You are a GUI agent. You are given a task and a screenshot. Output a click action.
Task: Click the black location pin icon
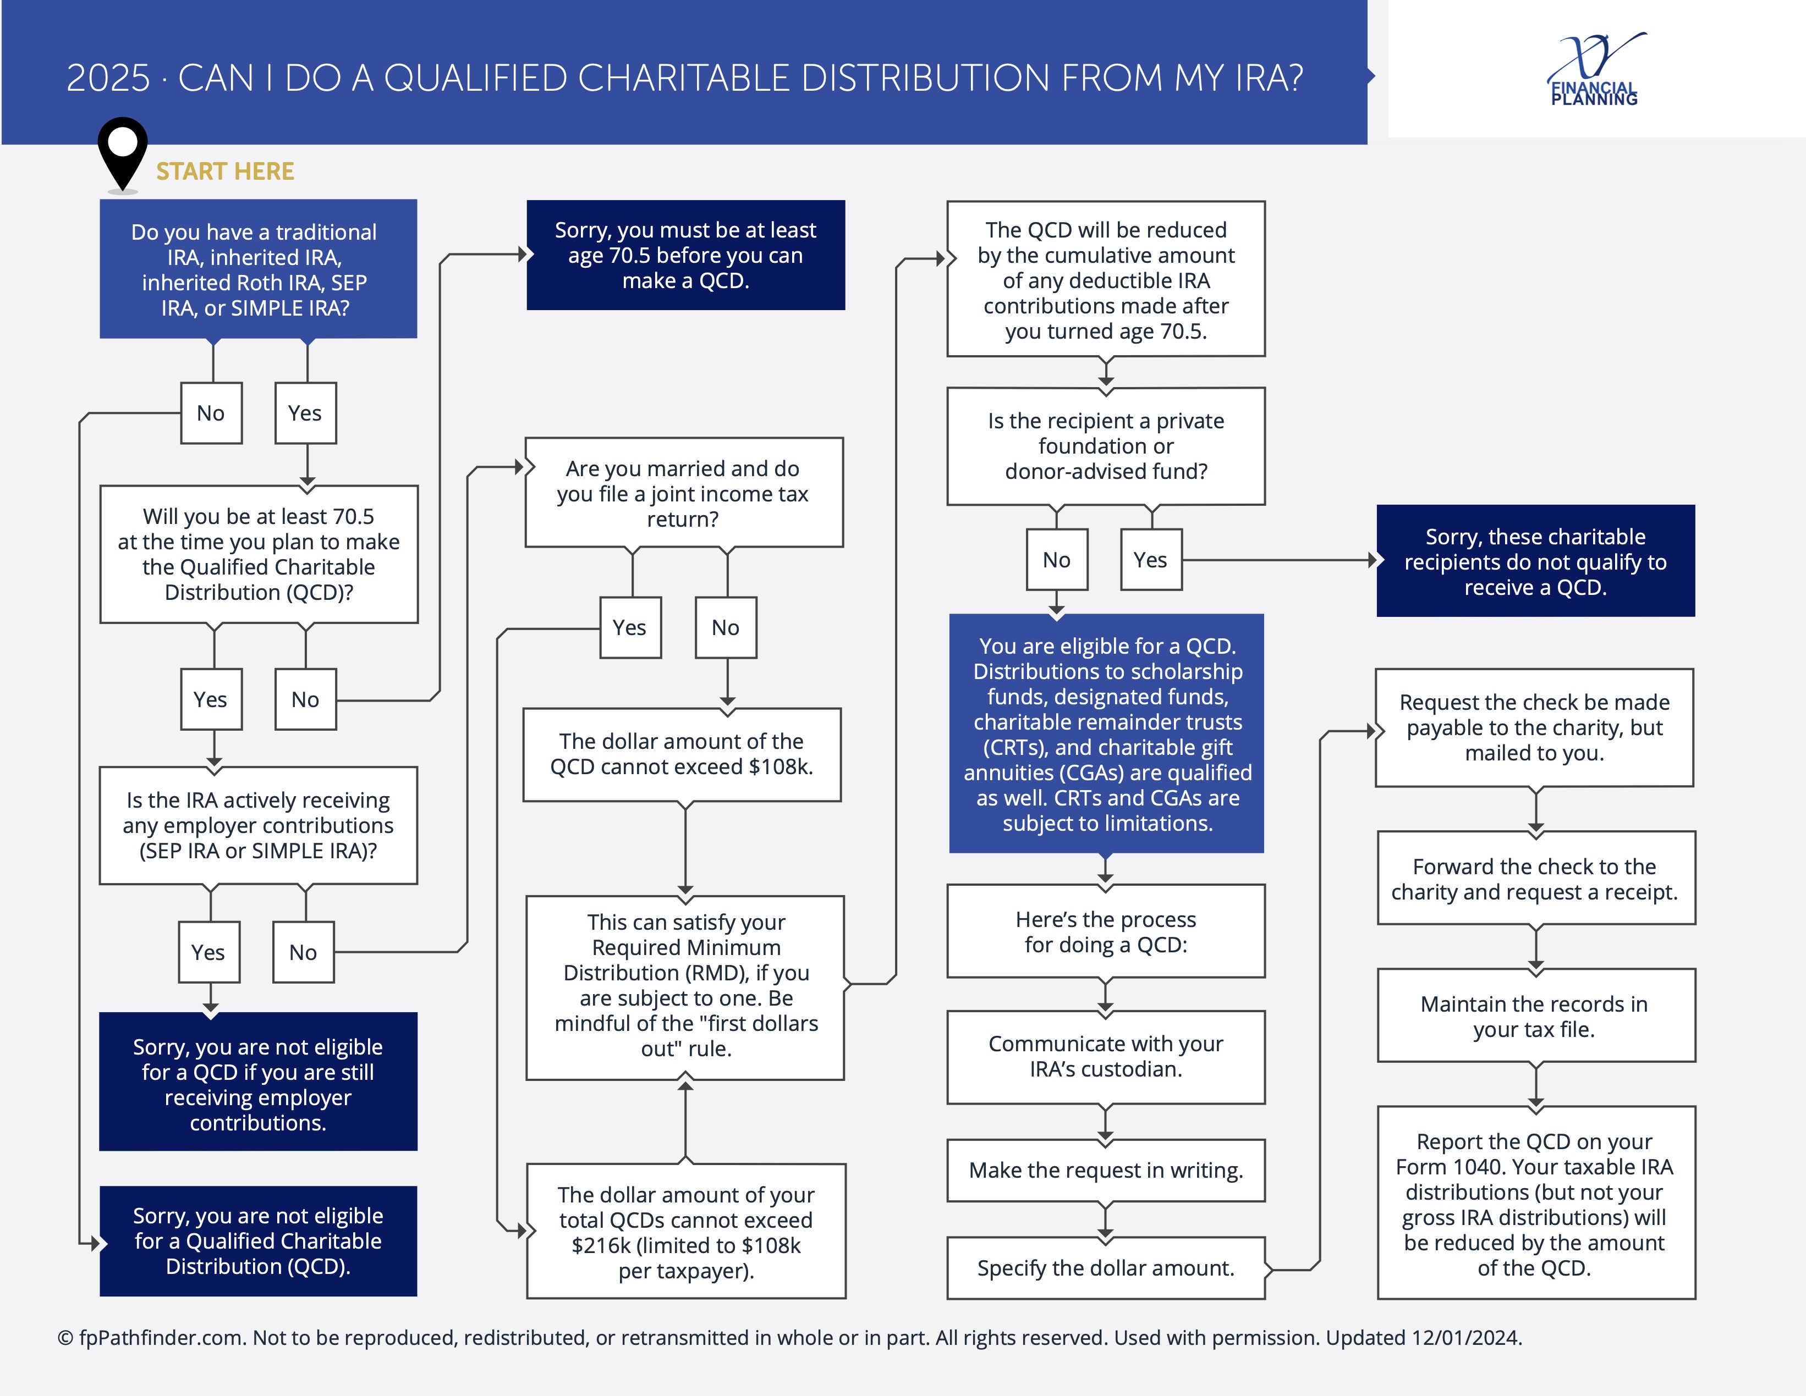pyautogui.click(x=122, y=153)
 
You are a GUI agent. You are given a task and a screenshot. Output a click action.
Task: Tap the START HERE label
pyautogui.click(x=225, y=171)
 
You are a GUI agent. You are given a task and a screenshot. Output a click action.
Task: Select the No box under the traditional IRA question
pyautogui.click(x=211, y=413)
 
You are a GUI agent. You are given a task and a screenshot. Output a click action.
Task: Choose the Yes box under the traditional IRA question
pyautogui.click(x=305, y=413)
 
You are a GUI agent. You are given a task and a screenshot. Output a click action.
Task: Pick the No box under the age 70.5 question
pyautogui.click(x=305, y=699)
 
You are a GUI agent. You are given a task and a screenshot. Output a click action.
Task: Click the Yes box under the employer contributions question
pyautogui.click(x=208, y=952)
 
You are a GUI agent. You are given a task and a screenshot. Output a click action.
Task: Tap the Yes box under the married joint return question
pyautogui.click(x=629, y=627)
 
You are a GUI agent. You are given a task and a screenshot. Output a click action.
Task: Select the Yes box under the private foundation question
pyautogui.click(x=1150, y=560)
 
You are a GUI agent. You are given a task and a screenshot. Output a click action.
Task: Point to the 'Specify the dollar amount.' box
pyautogui.click(x=1106, y=1268)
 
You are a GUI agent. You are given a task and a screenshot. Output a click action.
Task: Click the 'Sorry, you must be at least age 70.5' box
pyautogui.click(x=685, y=256)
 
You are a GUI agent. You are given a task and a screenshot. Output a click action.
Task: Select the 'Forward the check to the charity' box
pyautogui.click(x=1535, y=879)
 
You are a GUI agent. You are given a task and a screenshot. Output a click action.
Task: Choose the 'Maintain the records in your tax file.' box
pyautogui.click(x=1535, y=1016)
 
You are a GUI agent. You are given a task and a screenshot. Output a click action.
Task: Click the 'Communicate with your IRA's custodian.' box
pyautogui.click(x=1106, y=1056)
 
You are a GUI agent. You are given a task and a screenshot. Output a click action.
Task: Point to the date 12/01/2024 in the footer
pyautogui.click(x=1466, y=1337)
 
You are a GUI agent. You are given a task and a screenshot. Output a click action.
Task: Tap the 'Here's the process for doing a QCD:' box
pyautogui.click(x=1106, y=931)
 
